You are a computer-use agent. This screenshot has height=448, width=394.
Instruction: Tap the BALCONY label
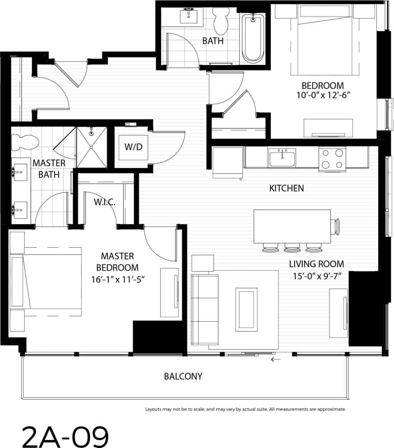pos(183,376)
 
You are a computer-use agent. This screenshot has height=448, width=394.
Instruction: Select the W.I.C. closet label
pos(105,202)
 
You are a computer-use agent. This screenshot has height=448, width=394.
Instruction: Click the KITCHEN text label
pos(286,188)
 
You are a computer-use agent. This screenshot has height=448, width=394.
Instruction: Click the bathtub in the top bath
pos(253,38)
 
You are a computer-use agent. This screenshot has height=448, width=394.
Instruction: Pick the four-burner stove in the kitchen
pos(332,159)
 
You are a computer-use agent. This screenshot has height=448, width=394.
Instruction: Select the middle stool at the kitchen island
pos(291,247)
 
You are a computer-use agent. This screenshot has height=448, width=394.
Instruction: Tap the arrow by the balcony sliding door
pos(276,360)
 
